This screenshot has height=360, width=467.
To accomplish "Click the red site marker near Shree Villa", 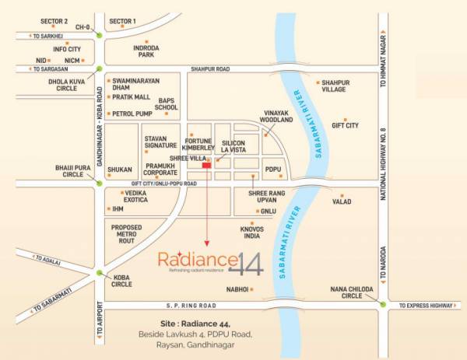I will (x=206, y=165).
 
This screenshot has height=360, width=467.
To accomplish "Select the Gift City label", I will (x=345, y=124).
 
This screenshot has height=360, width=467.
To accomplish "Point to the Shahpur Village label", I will (x=335, y=86).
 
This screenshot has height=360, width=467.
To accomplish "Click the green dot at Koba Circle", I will (x=99, y=273).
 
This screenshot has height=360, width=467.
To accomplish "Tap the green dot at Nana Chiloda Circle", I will (x=383, y=304).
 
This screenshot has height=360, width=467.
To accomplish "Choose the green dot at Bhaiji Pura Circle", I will (x=99, y=183).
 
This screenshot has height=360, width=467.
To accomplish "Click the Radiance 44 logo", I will (x=211, y=264).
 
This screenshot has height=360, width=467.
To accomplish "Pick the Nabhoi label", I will (x=237, y=288).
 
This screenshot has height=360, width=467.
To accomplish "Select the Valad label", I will (x=342, y=201).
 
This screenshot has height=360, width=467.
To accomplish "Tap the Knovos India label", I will (x=251, y=232).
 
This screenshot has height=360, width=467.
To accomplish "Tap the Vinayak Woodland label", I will (x=277, y=116).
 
